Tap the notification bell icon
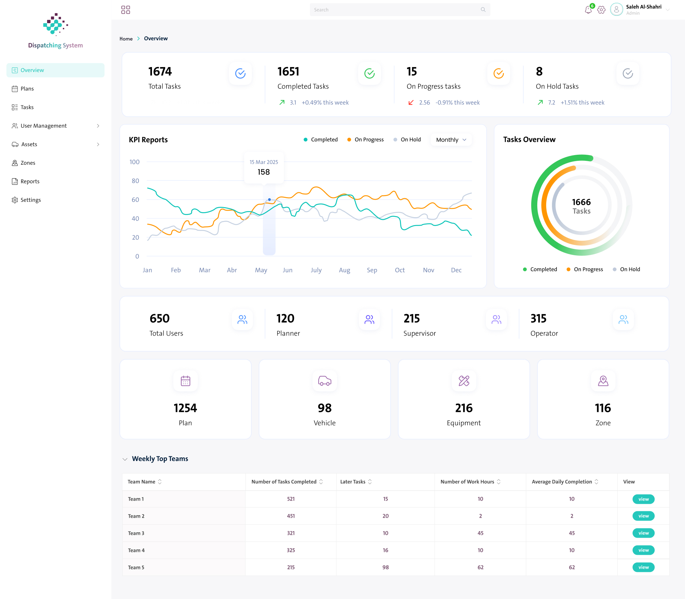588,10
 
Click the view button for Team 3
644,533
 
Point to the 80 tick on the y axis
135,181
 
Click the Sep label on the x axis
372,270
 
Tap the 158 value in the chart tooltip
264,172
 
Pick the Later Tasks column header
353,482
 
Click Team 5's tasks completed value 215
291,567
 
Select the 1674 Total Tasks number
160,72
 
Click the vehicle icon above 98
325,381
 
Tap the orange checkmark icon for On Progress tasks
498,73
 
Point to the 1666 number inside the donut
582,202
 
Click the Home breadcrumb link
126,39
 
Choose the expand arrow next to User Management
98,126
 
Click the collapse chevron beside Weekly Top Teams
125,459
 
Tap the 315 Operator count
538,318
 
